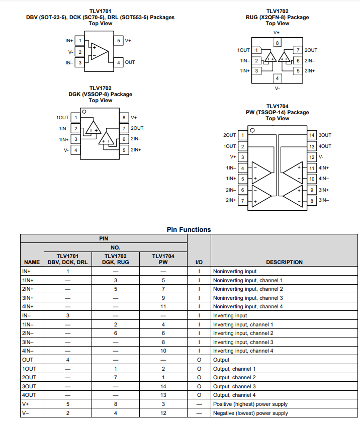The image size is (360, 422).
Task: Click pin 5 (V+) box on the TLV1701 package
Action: pyautogui.click(x=119, y=41)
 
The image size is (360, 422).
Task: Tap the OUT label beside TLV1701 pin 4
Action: pyautogui.click(x=130, y=62)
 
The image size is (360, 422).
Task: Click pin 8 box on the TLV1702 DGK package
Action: pyautogui.click(x=124, y=118)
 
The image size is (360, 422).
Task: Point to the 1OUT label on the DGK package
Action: pyautogui.click(x=62, y=118)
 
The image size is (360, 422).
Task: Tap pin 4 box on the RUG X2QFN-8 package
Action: pyautogui.click(x=277, y=78)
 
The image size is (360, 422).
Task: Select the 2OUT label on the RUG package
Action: pyautogui.click(x=311, y=50)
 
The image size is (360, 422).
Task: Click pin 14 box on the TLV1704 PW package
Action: pyautogui.click(x=312, y=135)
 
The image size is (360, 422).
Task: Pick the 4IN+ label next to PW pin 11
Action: pyautogui.click(x=324, y=168)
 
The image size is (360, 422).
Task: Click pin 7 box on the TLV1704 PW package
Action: pyautogui.click(x=243, y=201)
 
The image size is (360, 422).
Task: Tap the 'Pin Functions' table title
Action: pyautogui.click(x=189, y=230)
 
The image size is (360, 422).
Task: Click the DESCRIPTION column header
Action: pyautogui.click(x=284, y=262)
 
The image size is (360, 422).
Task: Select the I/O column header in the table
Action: pyautogui.click(x=199, y=262)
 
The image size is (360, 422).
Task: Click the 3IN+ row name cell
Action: pyautogui.click(x=28, y=298)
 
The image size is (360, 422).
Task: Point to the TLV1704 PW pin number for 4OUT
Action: pyautogui.click(x=163, y=395)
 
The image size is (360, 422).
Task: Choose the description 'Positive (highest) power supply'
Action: pyautogui.click(x=250, y=404)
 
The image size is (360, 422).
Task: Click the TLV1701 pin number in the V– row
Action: pyautogui.click(x=68, y=413)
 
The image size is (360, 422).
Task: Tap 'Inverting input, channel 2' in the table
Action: pyautogui.click(x=243, y=333)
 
